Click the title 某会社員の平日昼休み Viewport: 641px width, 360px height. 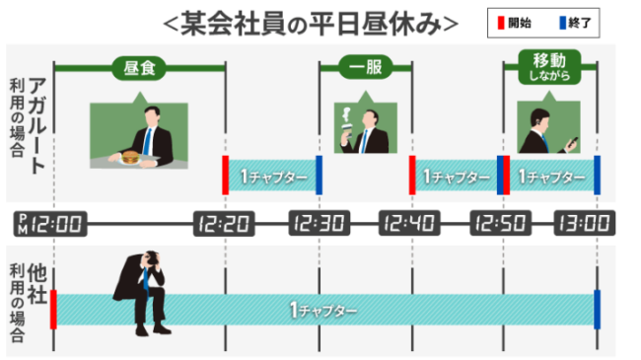point(310,21)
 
